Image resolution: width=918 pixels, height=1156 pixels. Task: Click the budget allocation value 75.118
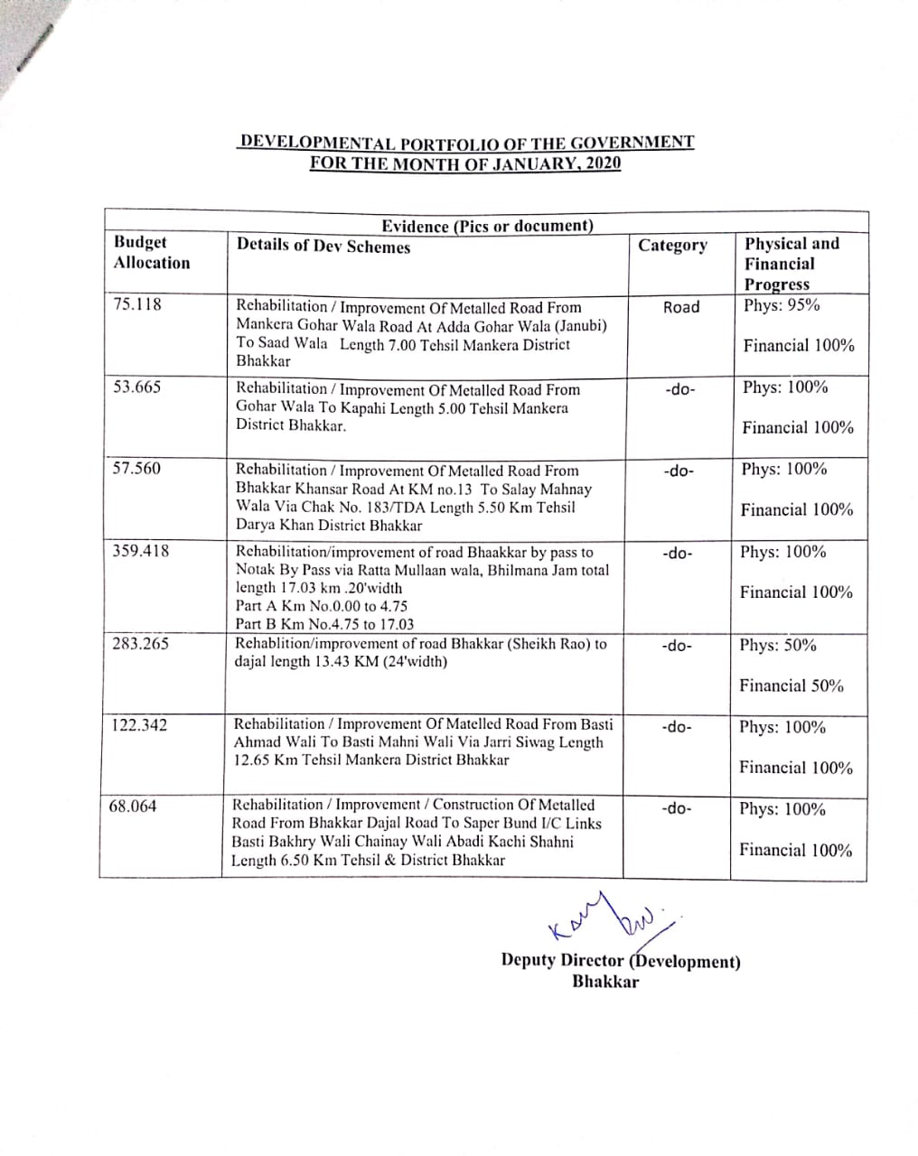[x=137, y=304]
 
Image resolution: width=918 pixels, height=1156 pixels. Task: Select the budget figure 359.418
[x=140, y=551]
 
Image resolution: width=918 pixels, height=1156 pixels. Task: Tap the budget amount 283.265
[x=140, y=644]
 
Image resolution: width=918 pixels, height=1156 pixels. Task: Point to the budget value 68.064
[x=133, y=806]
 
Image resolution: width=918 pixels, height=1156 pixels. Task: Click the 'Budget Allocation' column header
[x=152, y=253]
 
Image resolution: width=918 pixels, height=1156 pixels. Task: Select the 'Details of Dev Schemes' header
[x=323, y=247]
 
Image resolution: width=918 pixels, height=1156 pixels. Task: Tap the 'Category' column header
[x=673, y=245]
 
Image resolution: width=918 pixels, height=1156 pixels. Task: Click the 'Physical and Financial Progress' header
[x=792, y=264]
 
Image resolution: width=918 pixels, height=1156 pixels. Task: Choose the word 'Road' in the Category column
[x=681, y=307]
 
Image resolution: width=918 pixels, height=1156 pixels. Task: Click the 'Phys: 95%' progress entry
[x=782, y=304]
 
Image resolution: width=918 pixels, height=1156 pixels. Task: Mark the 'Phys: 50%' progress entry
[x=778, y=645]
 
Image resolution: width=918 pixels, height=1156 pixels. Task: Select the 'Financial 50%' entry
[x=792, y=685]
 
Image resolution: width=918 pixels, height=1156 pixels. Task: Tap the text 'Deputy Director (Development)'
[x=621, y=961]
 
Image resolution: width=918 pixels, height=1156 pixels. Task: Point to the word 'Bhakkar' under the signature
[x=604, y=982]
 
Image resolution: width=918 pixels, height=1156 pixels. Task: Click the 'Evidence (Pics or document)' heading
[x=487, y=226]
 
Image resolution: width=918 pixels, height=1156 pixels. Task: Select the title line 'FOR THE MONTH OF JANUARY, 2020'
[x=465, y=163]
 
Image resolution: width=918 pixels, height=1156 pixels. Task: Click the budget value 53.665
[x=137, y=387]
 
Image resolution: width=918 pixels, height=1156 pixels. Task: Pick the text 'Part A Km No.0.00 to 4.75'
[x=322, y=606]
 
